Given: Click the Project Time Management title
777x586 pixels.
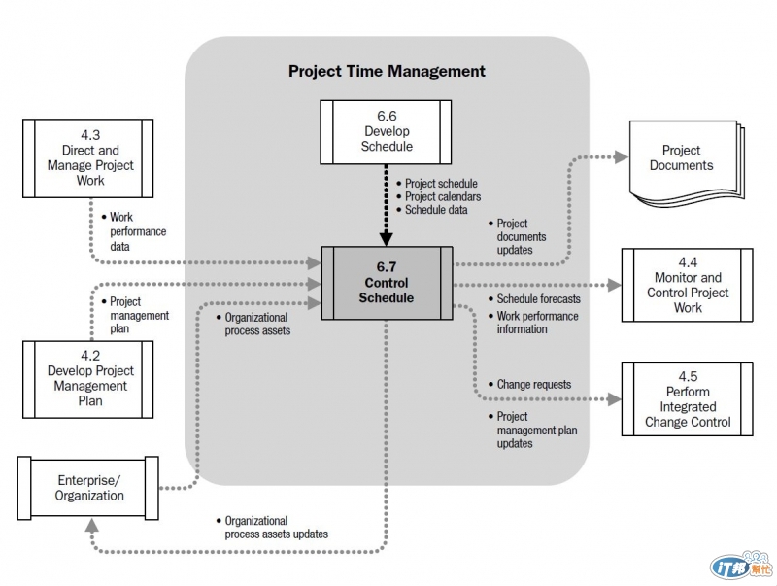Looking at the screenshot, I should pyautogui.click(x=387, y=71).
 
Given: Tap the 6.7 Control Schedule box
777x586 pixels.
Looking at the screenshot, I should pyautogui.click(x=388, y=282).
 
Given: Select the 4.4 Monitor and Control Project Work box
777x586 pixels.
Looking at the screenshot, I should pyautogui.click(x=688, y=285).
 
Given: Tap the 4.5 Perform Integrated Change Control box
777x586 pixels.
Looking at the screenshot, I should pyautogui.click(x=688, y=399).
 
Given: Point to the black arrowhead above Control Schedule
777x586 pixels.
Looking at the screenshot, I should pyautogui.click(x=387, y=237).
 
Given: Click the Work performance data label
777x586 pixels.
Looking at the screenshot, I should pyautogui.click(x=137, y=232).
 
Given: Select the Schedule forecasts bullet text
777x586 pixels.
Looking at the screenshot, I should pyautogui.click(x=538, y=299).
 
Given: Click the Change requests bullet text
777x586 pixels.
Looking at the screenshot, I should pyautogui.click(x=533, y=385).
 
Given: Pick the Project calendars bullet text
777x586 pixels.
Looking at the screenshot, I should pyautogui.click(x=442, y=196).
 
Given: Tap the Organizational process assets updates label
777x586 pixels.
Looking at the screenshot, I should pyautogui.click(x=276, y=528).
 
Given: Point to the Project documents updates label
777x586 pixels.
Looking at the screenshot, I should pyautogui.click(x=521, y=236).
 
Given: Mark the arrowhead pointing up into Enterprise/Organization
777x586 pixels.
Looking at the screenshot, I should pyautogui.click(x=91, y=525).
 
